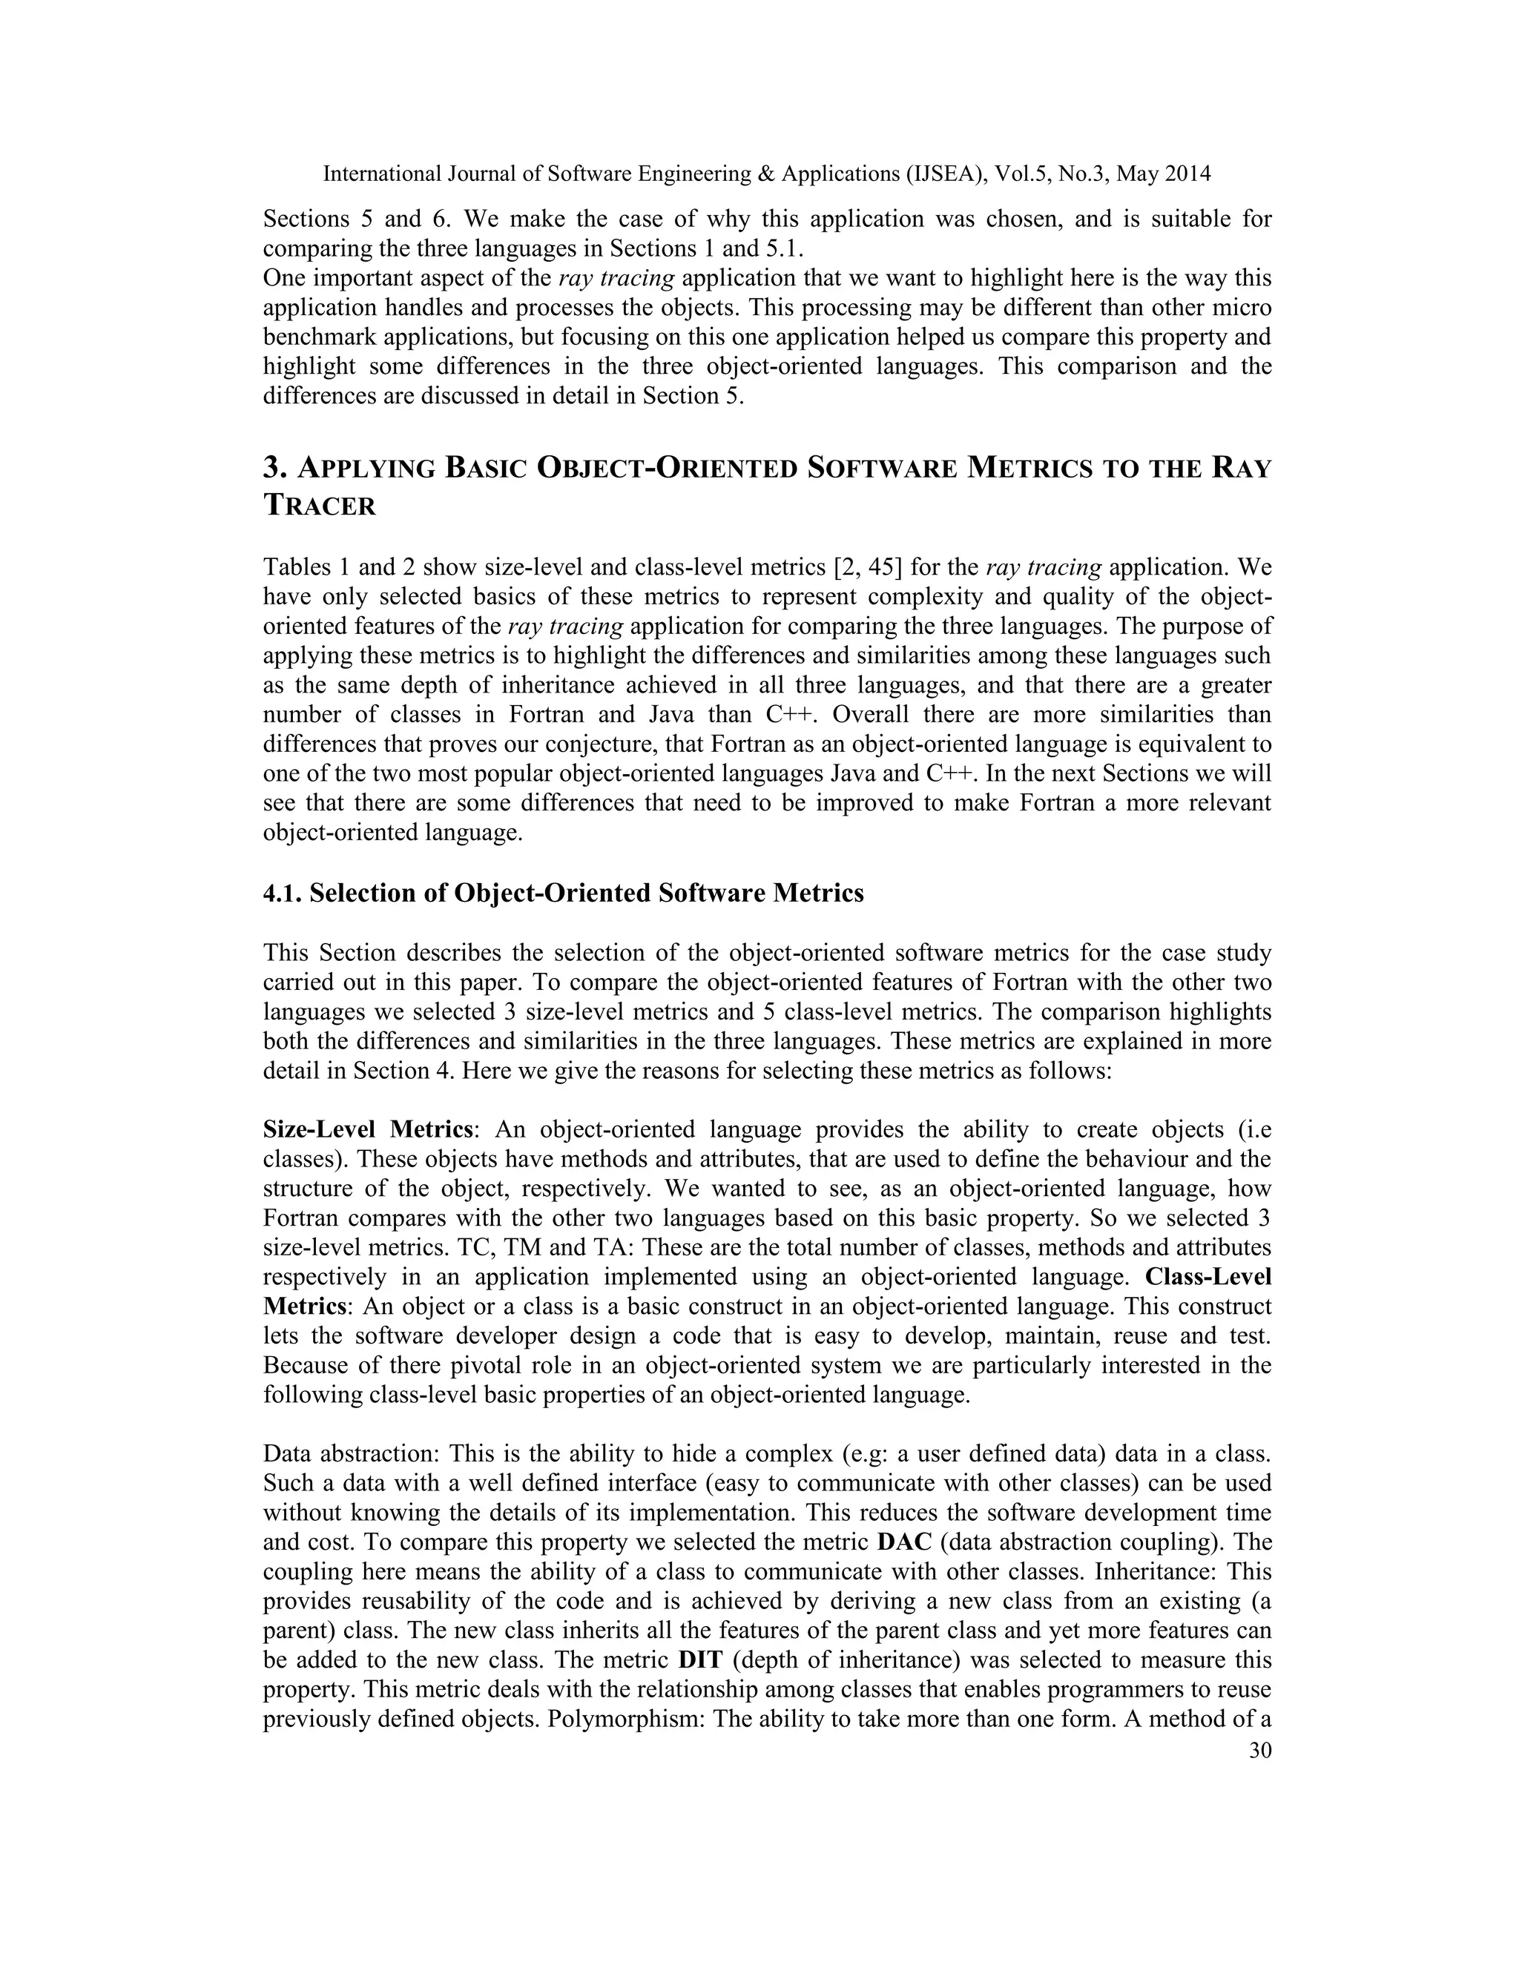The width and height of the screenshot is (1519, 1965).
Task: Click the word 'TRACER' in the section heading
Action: [320, 506]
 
